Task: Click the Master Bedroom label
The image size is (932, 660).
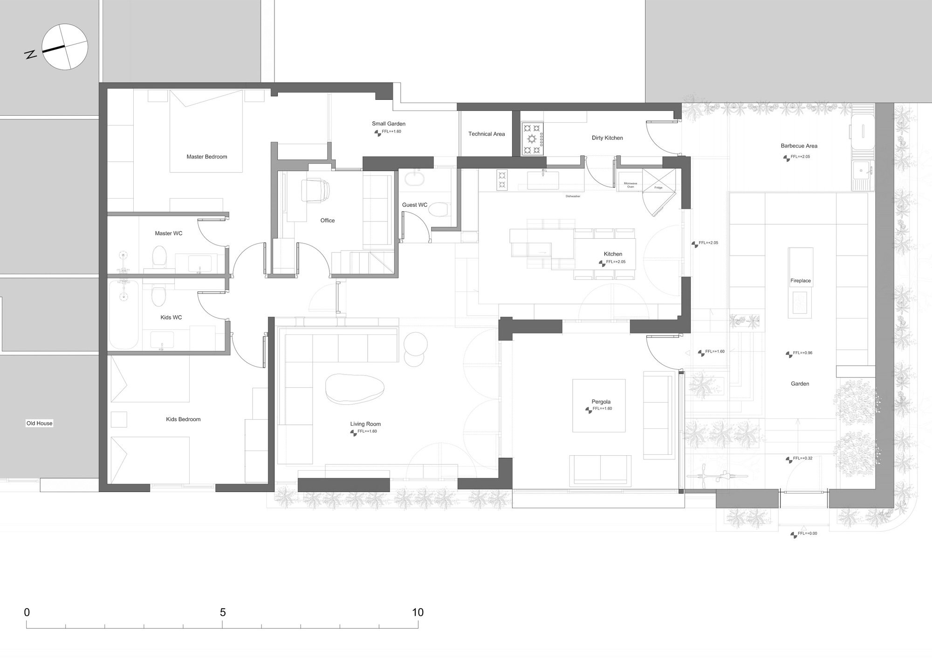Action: point(206,157)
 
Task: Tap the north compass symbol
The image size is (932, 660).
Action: point(65,47)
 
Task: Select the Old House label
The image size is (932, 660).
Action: point(40,424)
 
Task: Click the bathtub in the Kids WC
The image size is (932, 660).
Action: point(123,314)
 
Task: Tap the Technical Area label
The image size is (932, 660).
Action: point(487,134)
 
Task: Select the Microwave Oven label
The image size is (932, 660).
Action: point(630,185)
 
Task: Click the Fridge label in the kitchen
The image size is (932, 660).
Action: point(658,188)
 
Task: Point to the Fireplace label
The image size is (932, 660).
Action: point(800,281)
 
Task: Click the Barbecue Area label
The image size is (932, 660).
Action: point(799,146)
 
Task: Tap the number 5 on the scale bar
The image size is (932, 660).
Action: point(223,612)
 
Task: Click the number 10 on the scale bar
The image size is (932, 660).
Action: point(418,612)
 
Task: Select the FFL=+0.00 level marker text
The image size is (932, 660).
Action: point(807,533)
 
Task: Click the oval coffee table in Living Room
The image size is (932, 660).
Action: point(355,389)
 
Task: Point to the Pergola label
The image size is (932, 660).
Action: point(601,402)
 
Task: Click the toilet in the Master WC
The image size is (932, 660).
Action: point(160,257)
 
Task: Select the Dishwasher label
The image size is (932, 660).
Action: point(573,196)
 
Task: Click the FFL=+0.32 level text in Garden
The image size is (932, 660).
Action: point(802,459)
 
